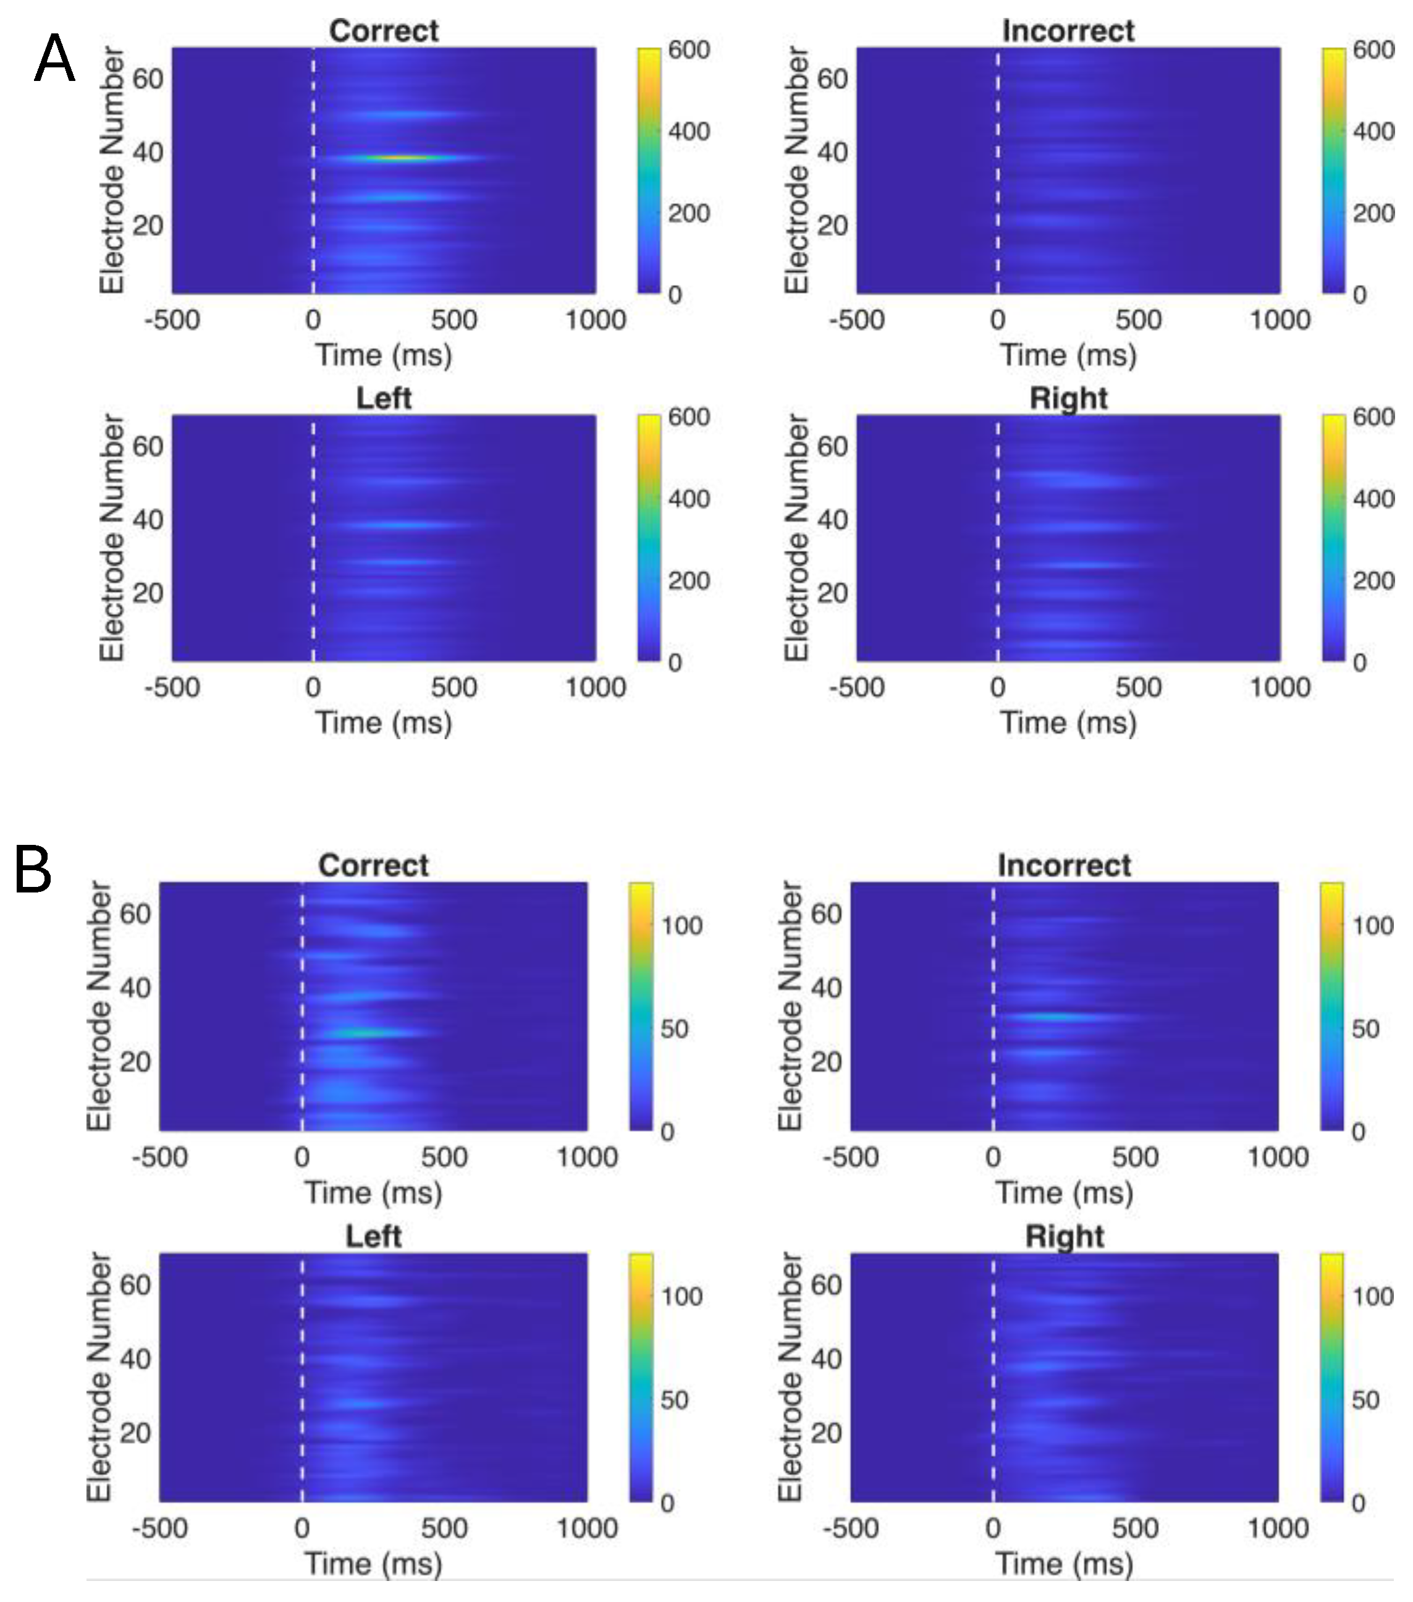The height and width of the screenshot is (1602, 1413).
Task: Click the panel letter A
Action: click(54, 59)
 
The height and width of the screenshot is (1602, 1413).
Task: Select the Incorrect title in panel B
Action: click(1063, 865)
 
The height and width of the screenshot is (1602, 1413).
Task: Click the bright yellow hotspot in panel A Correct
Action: click(400, 158)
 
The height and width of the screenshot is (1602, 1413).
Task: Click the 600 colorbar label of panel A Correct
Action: click(688, 50)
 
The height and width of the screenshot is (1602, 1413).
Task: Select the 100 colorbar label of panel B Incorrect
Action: click(1372, 926)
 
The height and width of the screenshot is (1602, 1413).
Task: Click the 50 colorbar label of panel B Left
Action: click(674, 1400)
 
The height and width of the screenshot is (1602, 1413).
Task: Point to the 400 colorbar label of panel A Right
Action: click(1373, 499)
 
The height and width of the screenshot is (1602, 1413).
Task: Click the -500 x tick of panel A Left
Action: click(172, 687)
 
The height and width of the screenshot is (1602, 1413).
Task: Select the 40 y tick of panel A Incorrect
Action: click(832, 151)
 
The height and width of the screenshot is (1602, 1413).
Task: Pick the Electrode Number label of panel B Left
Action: click(98, 1377)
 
